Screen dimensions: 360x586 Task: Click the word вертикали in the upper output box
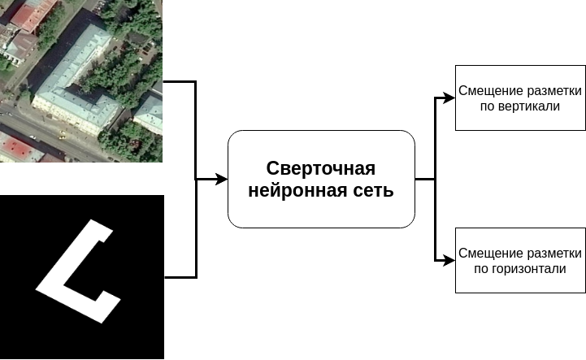(x=532, y=106)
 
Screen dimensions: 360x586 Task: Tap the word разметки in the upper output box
(x=553, y=91)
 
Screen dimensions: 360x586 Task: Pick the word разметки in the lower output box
(x=553, y=254)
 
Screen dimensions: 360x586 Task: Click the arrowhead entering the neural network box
(x=222, y=180)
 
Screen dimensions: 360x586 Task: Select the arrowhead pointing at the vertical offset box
(x=449, y=98)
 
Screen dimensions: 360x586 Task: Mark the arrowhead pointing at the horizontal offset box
(x=449, y=261)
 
